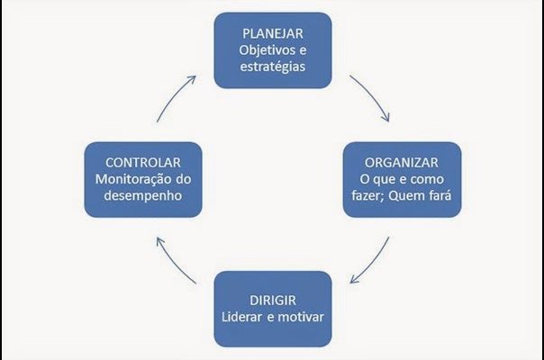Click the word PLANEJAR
click(273, 33)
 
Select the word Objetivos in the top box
click(265, 50)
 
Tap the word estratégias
click(273, 67)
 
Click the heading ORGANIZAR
click(402, 163)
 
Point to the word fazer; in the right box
click(367, 195)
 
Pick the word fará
click(440, 195)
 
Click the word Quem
click(406, 195)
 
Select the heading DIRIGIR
click(273, 301)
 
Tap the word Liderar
click(241, 317)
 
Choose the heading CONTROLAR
click(143, 163)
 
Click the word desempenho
click(143, 195)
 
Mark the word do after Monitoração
click(183, 179)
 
